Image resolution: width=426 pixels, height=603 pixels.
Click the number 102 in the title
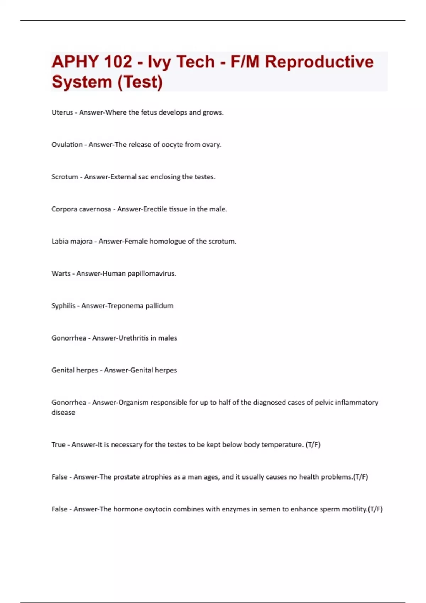(x=113, y=62)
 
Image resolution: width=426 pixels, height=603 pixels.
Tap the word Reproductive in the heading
(x=319, y=62)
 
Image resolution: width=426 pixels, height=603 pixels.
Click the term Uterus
(x=62, y=112)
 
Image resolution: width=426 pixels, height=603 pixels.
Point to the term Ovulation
(x=67, y=145)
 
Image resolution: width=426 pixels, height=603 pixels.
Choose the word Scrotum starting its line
(x=65, y=177)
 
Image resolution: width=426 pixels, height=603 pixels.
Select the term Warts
(x=61, y=273)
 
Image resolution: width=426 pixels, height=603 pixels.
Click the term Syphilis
(x=63, y=306)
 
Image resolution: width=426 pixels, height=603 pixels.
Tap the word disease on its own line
(x=63, y=413)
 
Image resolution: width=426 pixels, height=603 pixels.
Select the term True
(x=58, y=445)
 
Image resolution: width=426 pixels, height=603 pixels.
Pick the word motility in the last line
(x=354, y=509)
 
